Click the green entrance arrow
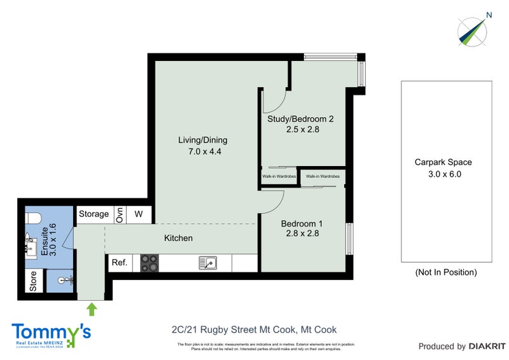click(92, 310)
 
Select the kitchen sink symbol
click(207, 262)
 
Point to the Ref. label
click(119, 262)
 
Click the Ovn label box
click(119, 214)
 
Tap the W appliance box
click(139, 214)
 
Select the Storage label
click(94, 214)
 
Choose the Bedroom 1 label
click(302, 224)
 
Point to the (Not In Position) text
click(445, 272)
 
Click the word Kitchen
click(178, 238)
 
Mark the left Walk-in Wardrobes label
click(279, 176)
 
